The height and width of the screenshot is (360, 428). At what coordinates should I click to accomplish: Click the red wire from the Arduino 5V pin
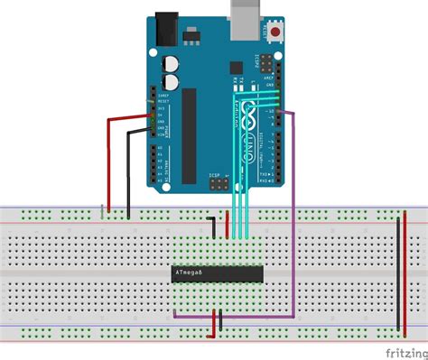click(x=110, y=162)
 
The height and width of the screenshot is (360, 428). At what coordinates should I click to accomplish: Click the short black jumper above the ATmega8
click(x=213, y=226)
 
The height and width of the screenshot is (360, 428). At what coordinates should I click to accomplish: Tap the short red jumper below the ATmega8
click(x=215, y=320)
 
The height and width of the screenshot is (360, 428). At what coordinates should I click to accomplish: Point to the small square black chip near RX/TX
click(x=236, y=67)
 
